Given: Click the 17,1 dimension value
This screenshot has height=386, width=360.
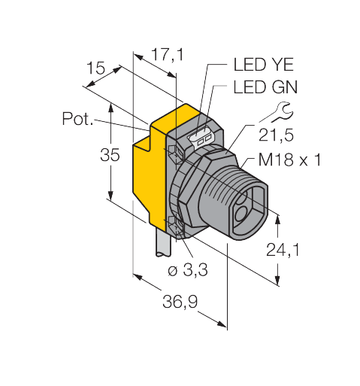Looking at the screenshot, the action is pyautogui.click(x=168, y=55).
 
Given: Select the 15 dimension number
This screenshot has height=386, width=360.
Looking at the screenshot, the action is pyautogui.click(x=95, y=68).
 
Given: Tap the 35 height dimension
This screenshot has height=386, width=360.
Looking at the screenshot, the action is pyautogui.click(x=110, y=155).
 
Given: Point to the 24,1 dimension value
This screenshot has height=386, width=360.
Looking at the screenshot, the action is pyautogui.click(x=283, y=250).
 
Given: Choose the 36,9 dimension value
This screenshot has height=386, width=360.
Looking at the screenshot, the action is pyautogui.click(x=180, y=302).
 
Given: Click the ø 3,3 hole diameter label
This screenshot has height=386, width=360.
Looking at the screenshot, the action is pyautogui.click(x=188, y=270).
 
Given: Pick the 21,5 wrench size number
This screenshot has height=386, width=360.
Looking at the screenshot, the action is pyautogui.click(x=276, y=135).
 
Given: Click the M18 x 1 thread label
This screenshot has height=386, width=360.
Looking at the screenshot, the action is pyautogui.click(x=289, y=160).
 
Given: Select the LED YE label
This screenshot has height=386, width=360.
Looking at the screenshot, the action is pyautogui.click(x=264, y=65).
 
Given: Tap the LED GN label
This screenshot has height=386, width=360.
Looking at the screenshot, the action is pyautogui.click(x=265, y=87).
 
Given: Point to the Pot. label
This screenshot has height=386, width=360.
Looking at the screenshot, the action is pyautogui.click(x=77, y=119).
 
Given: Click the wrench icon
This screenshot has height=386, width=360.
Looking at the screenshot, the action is pyautogui.click(x=281, y=113).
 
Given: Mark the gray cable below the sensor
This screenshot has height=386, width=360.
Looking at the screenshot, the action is pyautogui.click(x=162, y=242).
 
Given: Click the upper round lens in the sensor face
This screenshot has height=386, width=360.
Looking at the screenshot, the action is pyautogui.click(x=242, y=199).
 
